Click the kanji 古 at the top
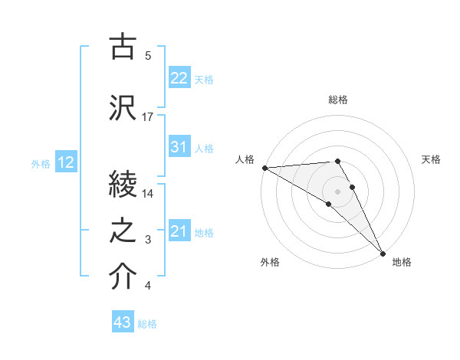123,47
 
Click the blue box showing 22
179,78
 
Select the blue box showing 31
179,147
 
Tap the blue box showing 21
179,231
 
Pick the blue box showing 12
66,162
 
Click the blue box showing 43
123,323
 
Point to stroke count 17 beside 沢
148,117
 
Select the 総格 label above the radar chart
338,100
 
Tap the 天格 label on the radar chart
431,159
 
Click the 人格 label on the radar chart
245,159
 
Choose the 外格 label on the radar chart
270,263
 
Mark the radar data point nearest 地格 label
383,252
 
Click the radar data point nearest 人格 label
264,168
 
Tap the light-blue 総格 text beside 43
147,324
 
